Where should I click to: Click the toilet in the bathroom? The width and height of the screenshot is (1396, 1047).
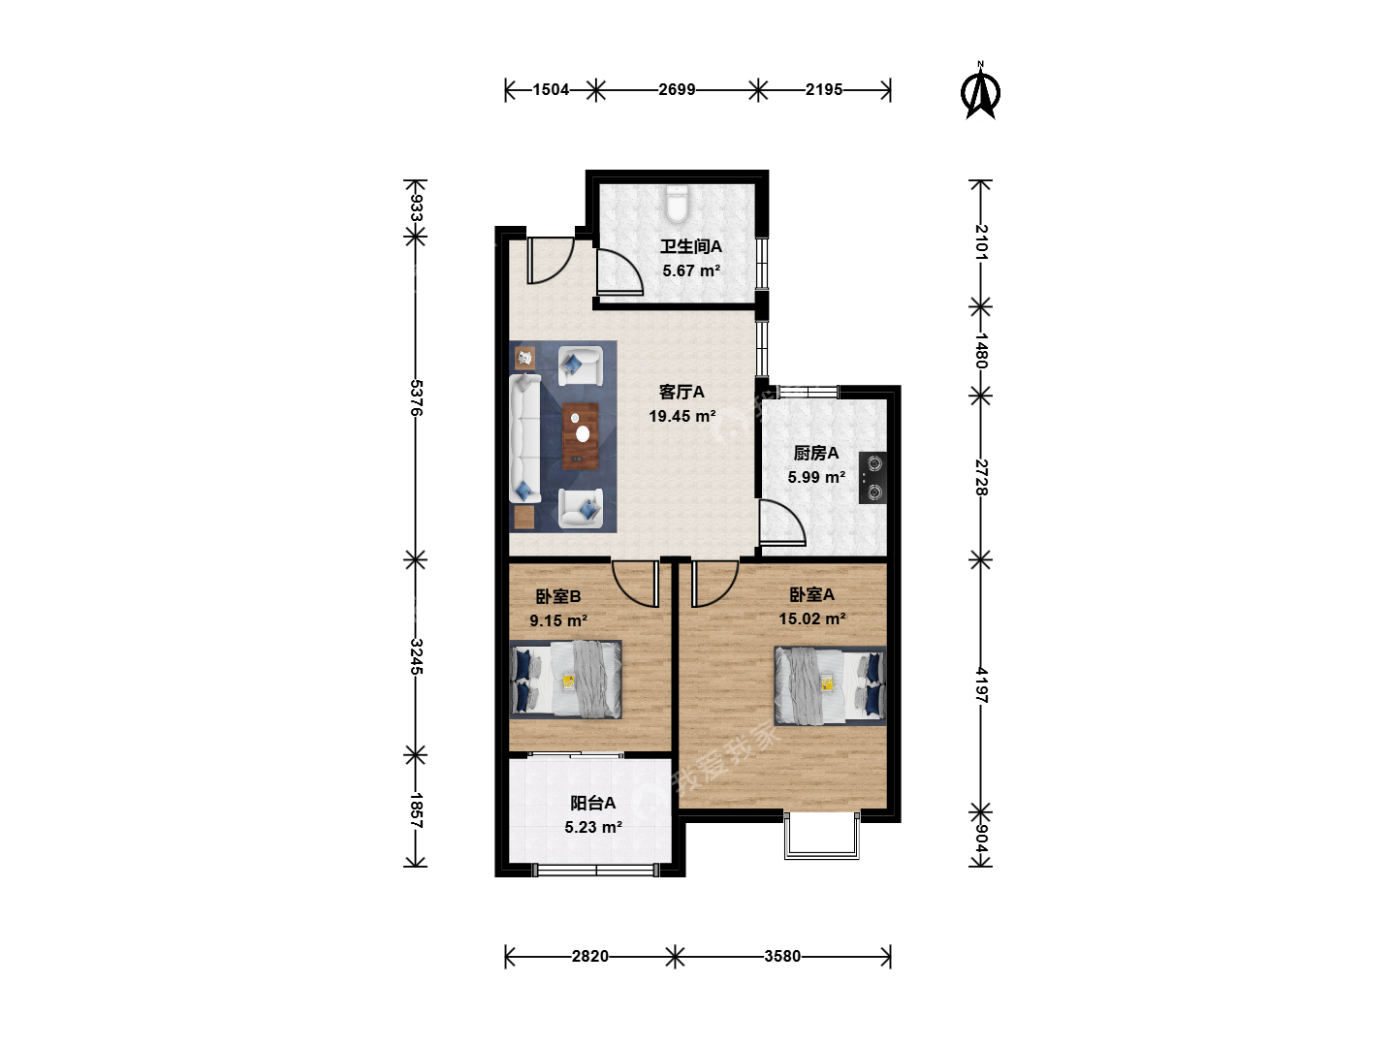click(676, 203)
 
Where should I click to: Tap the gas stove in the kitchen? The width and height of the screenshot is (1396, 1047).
click(872, 477)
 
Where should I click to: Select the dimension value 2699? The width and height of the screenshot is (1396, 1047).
click(677, 89)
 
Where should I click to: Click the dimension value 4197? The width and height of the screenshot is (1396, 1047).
click(981, 685)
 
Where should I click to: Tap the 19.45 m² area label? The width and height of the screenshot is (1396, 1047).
click(682, 417)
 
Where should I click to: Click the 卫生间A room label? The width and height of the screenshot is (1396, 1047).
click(690, 246)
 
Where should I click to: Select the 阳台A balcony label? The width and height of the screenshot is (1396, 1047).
click(592, 803)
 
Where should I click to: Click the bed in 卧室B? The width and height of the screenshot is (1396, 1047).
click(565, 680)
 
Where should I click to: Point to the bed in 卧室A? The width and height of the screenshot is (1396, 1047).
click(830, 686)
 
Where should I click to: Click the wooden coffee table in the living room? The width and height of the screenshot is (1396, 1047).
click(580, 436)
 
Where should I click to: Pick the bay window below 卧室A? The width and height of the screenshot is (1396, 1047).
click(822, 836)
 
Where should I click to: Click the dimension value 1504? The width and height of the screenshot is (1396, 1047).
click(551, 89)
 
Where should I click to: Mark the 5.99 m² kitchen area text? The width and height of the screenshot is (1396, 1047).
click(816, 477)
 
